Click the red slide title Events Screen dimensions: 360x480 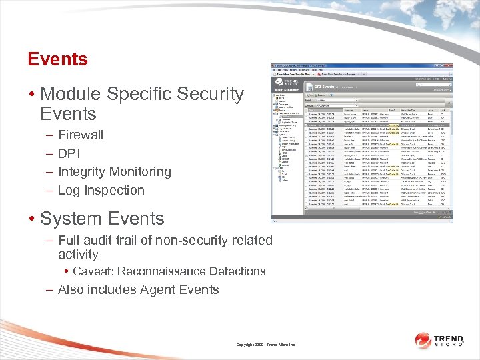[x=57, y=59]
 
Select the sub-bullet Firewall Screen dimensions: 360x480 [x=81, y=135]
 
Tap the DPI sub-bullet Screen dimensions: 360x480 [x=69, y=153]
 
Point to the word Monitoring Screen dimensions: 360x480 [x=140, y=172]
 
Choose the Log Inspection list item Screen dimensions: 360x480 [x=101, y=191]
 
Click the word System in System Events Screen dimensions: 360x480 [x=71, y=219]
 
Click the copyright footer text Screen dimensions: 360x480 [x=265, y=345]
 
